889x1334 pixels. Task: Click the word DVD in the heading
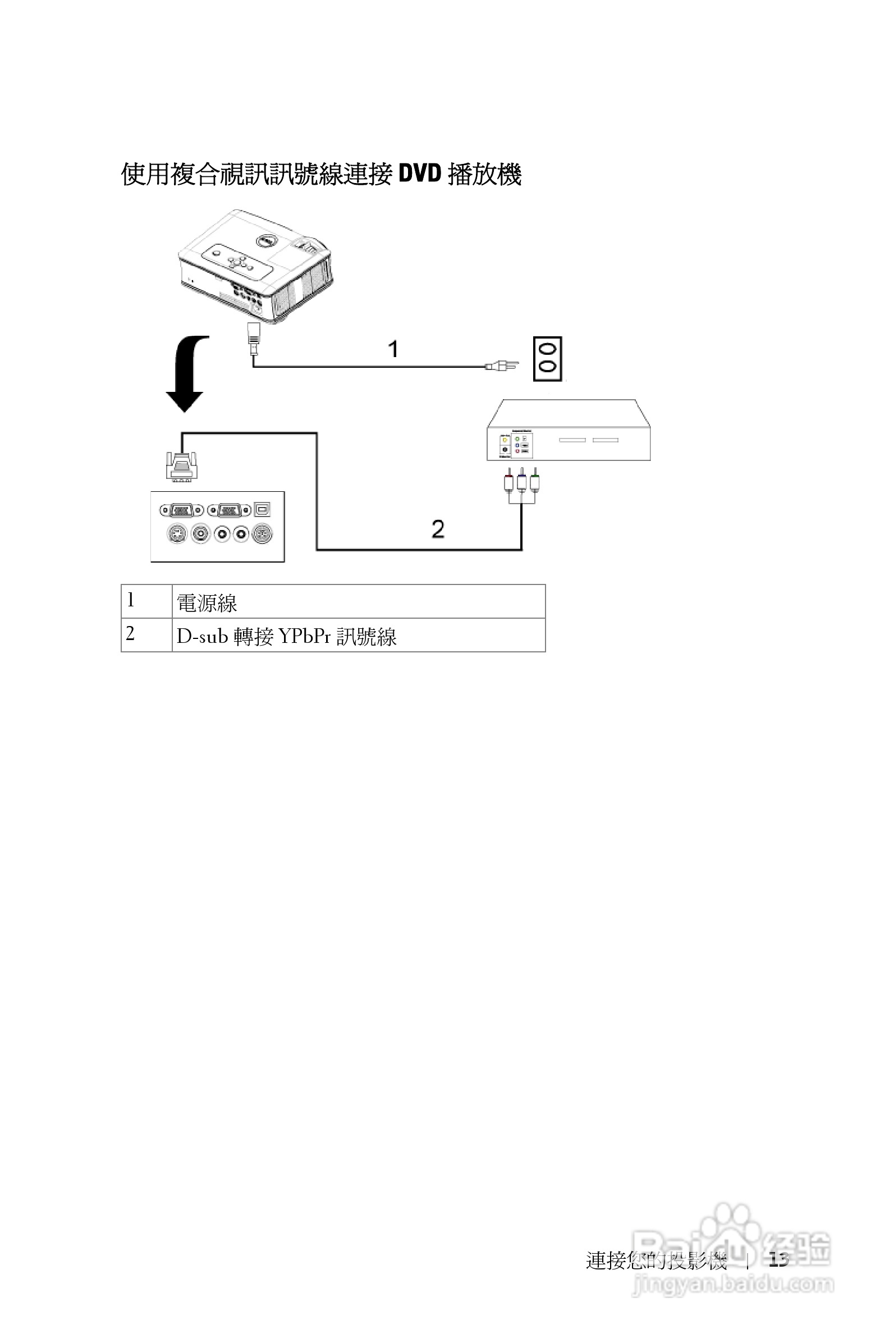pyautogui.click(x=420, y=173)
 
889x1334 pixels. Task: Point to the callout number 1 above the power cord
pyautogui.click(x=393, y=349)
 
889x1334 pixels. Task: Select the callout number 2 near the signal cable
pyautogui.click(x=438, y=529)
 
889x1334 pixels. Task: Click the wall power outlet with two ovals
pyautogui.click(x=547, y=358)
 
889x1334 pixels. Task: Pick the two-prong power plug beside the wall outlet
pyautogui.click(x=502, y=366)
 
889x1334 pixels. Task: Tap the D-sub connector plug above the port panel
pyautogui.click(x=181, y=466)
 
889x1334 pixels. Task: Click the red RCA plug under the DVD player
pyautogui.click(x=508, y=483)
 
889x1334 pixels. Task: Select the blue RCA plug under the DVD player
pyautogui.click(x=521, y=483)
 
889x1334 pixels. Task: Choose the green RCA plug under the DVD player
pyautogui.click(x=535, y=483)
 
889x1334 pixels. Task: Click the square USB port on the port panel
pyautogui.click(x=262, y=509)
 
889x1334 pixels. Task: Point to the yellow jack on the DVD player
pyautogui.click(x=505, y=440)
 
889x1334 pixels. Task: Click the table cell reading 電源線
pyautogui.click(x=358, y=602)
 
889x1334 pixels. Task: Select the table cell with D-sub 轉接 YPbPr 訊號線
pyautogui.click(x=358, y=636)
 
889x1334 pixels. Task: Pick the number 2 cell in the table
pyautogui.click(x=146, y=634)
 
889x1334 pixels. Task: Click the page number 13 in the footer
pyautogui.click(x=779, y=1260)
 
